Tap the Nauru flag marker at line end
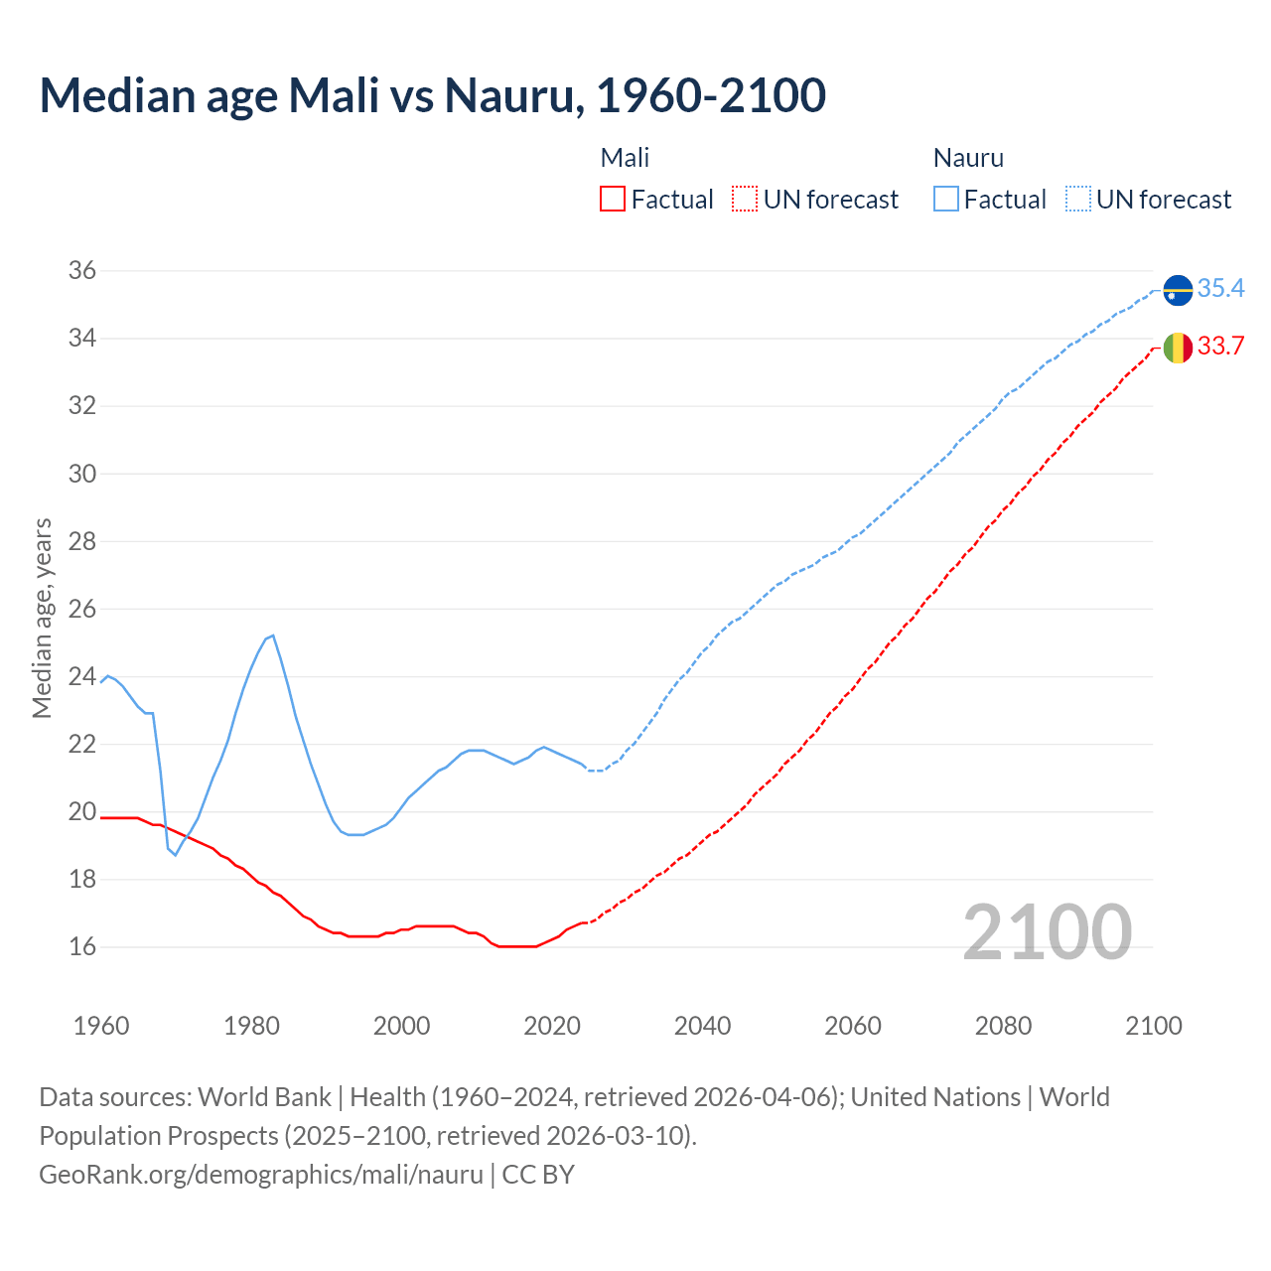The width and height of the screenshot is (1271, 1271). (x=1178, y=289)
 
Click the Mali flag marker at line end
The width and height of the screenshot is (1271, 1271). (x=1178, y=347)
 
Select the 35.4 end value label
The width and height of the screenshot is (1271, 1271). (x=1220, y=288)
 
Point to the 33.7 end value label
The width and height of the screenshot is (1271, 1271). (x=1220, y=346)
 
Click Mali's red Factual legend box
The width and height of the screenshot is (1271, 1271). (x=613, y=200)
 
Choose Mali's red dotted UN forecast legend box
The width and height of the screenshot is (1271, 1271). (x=745, y=200)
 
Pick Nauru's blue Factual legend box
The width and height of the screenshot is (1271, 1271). (x=946, y=200)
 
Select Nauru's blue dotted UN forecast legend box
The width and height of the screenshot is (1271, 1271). (x=1077, y=200)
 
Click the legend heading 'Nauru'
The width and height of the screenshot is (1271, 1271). (x=968, y=158)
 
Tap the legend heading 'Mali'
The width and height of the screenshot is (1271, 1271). (x=625, y=158)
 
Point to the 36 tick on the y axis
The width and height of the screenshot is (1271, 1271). (x=81, y=270)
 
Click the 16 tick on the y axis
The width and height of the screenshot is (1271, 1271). (x=81, y=946)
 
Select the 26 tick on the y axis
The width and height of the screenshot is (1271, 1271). (x=81, y=609)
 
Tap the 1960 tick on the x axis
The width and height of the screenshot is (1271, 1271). (x=101, y=1026)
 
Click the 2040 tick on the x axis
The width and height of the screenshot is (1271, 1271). (x=702, y=1026)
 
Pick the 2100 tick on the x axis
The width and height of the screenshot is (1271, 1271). (x=1153, y=1026)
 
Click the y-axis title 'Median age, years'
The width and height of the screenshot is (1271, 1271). (x=42, y=618)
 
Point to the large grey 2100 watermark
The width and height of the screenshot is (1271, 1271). (x=1047, y=932)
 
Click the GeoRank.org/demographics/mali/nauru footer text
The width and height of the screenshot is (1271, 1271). (x=261, y=1175)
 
